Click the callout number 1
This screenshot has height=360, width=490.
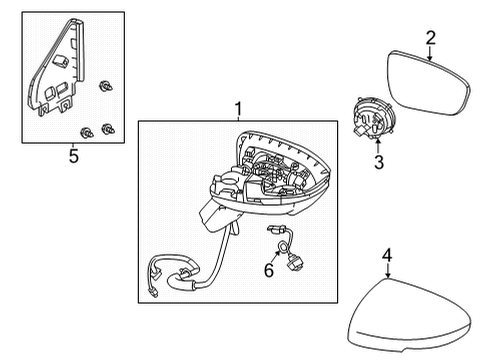click(x=237, y=107)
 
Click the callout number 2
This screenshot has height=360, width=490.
click(x=430, y=38)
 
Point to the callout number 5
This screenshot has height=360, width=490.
click(x=71, y=155)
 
